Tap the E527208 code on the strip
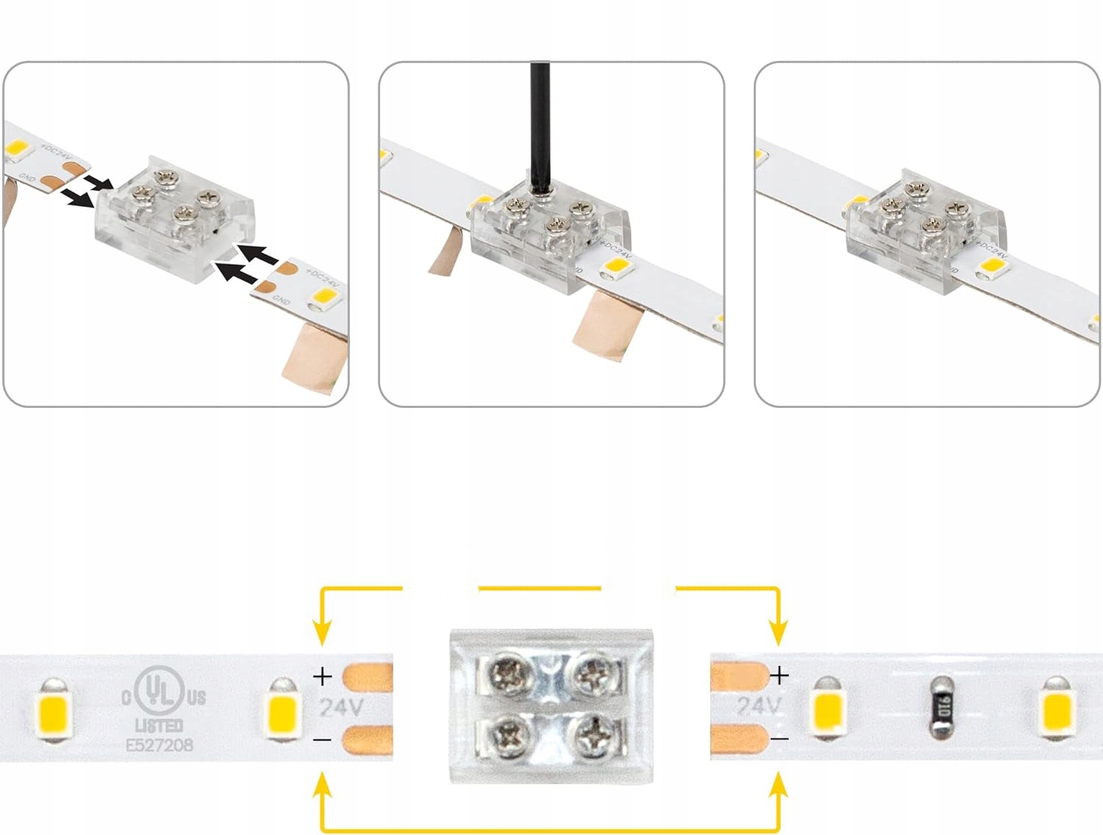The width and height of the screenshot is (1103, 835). (160, 745)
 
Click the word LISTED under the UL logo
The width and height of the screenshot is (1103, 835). (160, 725)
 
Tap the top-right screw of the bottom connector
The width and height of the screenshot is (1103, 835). (592, 674)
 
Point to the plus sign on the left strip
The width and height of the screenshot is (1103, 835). (322, 675)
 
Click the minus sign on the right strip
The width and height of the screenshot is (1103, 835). (780, 738)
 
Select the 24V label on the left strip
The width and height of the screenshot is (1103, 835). (341, 707)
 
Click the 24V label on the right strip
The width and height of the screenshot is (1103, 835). (758, 706)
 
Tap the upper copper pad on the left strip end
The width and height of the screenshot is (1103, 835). (368, 676)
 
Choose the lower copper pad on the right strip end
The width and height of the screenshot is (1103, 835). (738, 739)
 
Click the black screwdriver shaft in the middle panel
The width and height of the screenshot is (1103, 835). (540, 125)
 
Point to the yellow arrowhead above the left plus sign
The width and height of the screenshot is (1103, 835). (322, 632)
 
